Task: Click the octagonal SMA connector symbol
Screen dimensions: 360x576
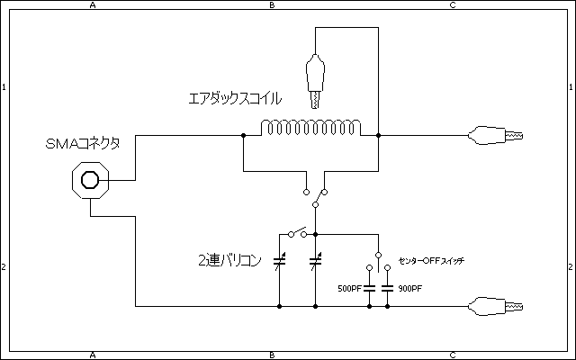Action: pos(90,179)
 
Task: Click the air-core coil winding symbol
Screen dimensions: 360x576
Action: pos(310,129)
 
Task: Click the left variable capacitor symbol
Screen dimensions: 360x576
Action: pos(279,264)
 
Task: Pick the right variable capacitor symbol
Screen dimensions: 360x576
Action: pos(316,264)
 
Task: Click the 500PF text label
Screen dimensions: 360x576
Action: pos(349,288)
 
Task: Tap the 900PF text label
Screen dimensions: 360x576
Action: pos(409,288)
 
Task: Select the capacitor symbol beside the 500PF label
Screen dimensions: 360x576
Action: pos(370,288)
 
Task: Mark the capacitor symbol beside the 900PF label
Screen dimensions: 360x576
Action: pos(388,288)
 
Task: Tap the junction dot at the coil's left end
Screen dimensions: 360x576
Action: pos(243,136)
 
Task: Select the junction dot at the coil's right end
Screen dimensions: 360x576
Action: pos(379,136)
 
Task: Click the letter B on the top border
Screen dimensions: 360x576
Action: pos(273,5)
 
